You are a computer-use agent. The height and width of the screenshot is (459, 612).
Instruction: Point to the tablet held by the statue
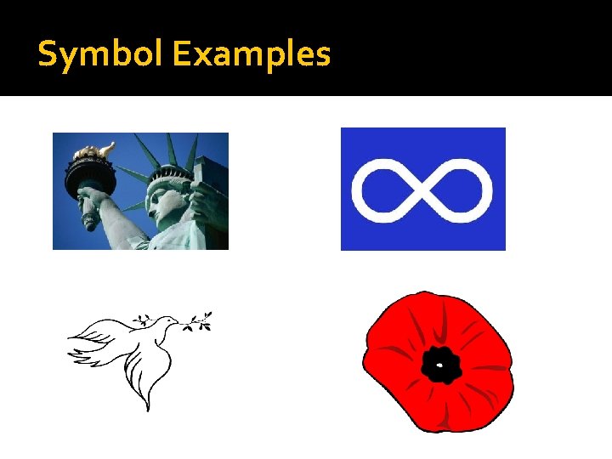point(208,191)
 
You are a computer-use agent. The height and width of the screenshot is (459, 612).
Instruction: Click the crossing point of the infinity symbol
point(422,189)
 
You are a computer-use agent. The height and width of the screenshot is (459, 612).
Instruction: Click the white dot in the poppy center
point(439,367)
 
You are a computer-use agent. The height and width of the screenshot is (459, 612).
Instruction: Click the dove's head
point(168,322)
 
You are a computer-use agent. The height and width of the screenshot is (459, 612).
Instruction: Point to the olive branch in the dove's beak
point(197,321)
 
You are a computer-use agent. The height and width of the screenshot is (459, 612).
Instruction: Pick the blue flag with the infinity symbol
point(422,189)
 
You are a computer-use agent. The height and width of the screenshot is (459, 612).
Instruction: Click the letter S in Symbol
point(47,54)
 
